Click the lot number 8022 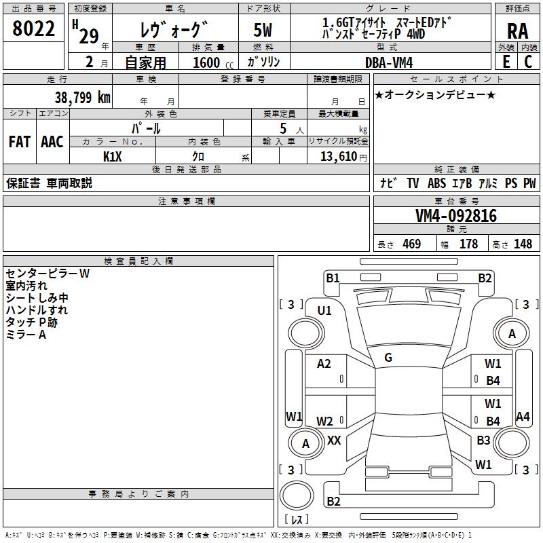coord(33,29)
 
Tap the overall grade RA coord(518,31)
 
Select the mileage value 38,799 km coord(83,98)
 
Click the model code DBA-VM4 coord(389,62)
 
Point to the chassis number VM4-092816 coord(456,216)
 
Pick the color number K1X coord(113,157)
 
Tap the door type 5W coord(263,30)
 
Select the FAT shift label coord(20,142)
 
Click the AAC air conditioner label coord(52,142)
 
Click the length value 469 coord(412,244)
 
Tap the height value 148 coord(523,244)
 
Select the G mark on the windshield coord(388,358)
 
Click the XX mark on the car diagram coord(334,440)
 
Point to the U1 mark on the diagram coord(324,311)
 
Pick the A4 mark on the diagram coord(523,416)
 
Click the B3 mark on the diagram coord(483,440)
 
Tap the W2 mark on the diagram coord(324,421)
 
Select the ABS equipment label coord(436,183)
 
